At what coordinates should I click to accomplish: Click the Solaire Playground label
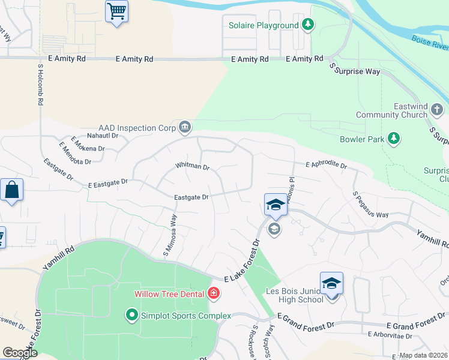click(264, 25)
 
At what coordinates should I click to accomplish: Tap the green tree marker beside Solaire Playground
click(308, 25)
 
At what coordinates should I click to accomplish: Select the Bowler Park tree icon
click(394, 139)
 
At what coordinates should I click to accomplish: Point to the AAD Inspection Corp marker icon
click(185, 127)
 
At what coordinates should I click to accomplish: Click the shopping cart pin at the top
click(117, 11)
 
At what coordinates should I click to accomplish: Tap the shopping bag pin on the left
click(11, 190)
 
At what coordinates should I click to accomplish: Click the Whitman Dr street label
click(192, 166)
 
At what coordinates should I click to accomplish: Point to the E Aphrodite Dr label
click(326, 164)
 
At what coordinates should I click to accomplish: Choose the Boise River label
click(430, 43)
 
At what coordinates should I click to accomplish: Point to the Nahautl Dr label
click(103, 136)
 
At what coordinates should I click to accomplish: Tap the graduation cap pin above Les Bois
click(331, 283)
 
